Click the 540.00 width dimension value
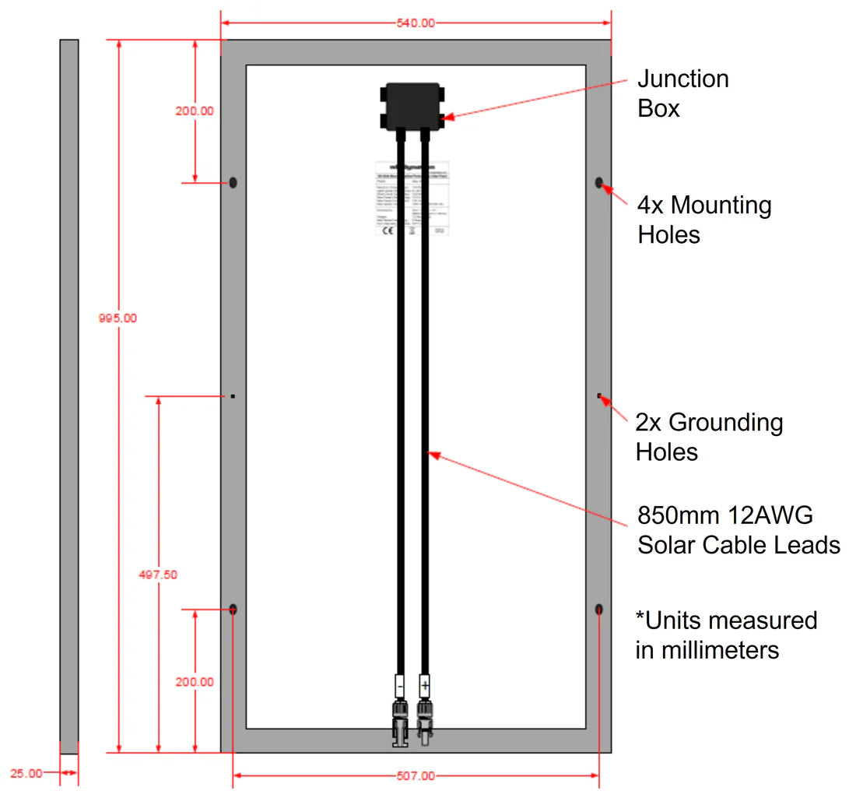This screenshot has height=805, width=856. coord(416,23)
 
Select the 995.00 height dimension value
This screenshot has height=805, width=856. coord(118,318)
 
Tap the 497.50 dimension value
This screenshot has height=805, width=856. coord(159,575)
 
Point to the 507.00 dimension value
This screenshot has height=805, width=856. coord(416,775)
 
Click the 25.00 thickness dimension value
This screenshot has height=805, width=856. coord(26,773)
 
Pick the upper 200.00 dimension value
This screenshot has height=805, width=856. coord(195,111)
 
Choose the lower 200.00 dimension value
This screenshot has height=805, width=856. coord(195,682)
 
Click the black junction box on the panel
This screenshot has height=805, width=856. coord(412,107)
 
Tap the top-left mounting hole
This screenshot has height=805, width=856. coord(233,183)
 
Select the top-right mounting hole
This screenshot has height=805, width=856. coord(599,183)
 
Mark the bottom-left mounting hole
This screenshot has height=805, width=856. coord(233,609)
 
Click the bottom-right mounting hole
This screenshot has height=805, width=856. coord(599,609)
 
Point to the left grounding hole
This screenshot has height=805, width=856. coord(233,396)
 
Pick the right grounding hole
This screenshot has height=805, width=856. coord(599,396)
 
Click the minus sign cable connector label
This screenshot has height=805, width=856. coord(399,687)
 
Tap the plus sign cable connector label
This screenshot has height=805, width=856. coord(425,687)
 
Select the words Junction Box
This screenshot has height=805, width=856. coord(682,93)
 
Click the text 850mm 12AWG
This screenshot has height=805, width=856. coord(724,515)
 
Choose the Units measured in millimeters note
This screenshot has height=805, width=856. coord(725,635)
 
